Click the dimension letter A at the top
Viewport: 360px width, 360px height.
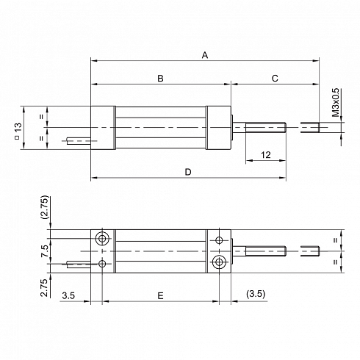[x=205, y=55]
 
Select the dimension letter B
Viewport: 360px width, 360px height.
[x=160, y=79]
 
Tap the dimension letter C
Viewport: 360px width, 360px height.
[x=275, y=79]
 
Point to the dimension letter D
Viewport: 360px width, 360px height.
[x=188, y=172]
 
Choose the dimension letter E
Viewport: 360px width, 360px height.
[x=160, y=296]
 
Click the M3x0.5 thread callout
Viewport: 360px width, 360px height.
[x=336, y=102]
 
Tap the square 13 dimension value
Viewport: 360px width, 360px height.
[x=18, y=130]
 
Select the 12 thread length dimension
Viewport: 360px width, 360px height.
[x=266, y=155]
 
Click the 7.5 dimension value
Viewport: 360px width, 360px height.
[x=45, y=251]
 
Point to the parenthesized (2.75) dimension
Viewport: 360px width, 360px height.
[x=46, y=207]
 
